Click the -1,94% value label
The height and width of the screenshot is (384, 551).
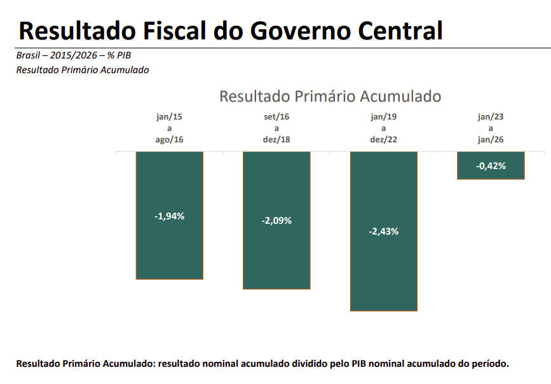pos(169,216)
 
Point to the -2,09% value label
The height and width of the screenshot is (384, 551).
pos(276,221)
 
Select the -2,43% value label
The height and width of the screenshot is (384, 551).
pos(384,231)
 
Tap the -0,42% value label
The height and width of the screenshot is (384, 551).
pos(491,166)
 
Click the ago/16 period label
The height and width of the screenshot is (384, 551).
pos(169,140)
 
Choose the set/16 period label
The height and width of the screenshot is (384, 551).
pos(276,117)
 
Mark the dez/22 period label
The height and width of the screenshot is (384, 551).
pos(384,140)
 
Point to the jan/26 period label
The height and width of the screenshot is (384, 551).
pos(491,140)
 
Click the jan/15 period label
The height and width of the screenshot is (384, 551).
pos(169,117)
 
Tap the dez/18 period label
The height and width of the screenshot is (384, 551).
pos(276,140)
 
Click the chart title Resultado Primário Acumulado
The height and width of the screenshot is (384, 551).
pos(330,97)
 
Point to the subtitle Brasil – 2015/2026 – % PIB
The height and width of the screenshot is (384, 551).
pos(73,55)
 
